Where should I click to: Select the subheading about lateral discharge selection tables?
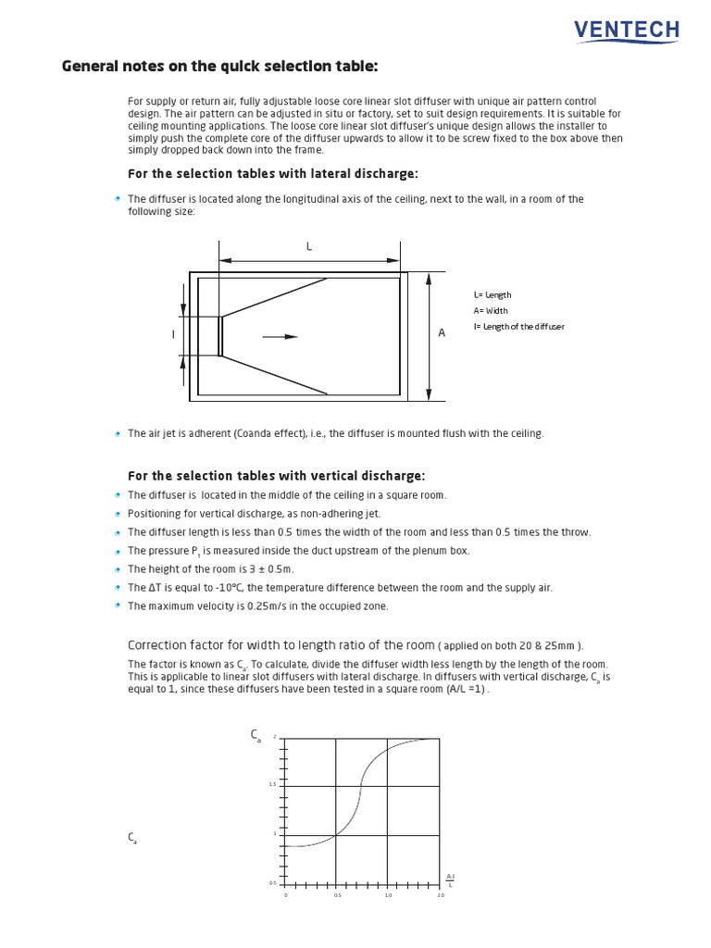click(x=272, y=173)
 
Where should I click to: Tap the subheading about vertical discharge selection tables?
click(x=276, y=476)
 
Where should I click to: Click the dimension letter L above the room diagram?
click(x=309, y=246)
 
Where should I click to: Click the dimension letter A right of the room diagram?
click(x=442, y=332)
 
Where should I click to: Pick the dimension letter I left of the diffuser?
click(x=172, y=334)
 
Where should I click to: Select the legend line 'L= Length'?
click(x=492, y=294)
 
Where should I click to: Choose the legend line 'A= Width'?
click(x=490, y=310)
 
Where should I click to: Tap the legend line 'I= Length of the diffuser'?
click(x=518, y=326)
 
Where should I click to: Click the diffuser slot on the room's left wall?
click(x=219, y=336)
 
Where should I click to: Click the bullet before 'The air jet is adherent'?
click(x=118, y=433)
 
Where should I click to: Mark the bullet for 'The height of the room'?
click(x=118, y=569)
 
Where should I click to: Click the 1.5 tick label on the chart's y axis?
click(x=273, y=785)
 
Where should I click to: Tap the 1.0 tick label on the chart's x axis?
click(x=388, y=895)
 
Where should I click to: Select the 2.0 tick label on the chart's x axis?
click(x=440, y=895)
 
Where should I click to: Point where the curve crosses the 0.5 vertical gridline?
click(x=337, y=835)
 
